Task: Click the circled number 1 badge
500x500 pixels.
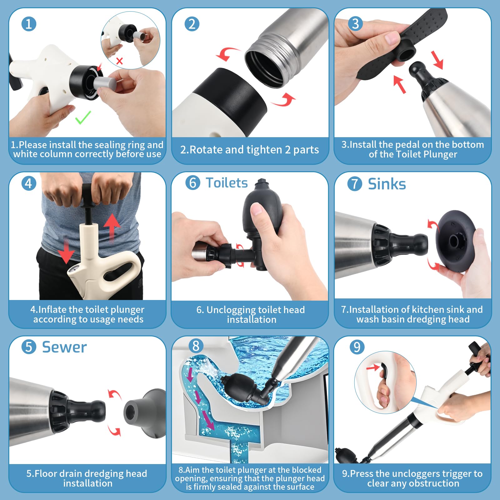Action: [x=29, y=24]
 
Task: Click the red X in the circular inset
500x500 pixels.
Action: [x=119, y=61]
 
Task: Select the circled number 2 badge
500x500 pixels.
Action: [x=192, y=24]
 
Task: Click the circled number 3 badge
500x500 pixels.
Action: [x=355, y=24]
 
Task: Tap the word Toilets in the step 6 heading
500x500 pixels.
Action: [x=227, y=183]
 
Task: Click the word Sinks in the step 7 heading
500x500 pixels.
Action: [x=387, y=184]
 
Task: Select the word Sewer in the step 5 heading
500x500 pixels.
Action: [x=64, y=347]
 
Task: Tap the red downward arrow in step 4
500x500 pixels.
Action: [x=67, y=250]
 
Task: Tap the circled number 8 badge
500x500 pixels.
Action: [x=196, y=346]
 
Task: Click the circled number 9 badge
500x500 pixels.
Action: [x=357, y=347]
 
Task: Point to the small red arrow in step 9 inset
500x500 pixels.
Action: [x=372, y=367]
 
